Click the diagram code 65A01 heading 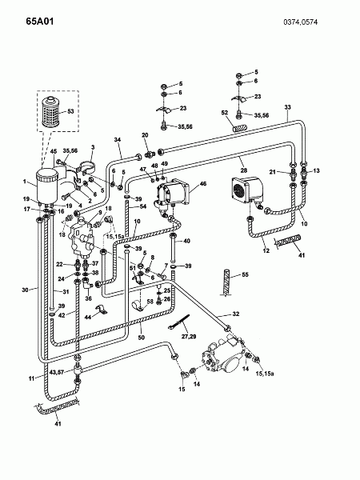pyautogui.click(x=40, y=22)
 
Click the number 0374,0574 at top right pyautogui.click(x=300, y=22)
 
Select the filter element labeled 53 pyautogui.click(x=50, y=112)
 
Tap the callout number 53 pyautogui.click(x=70, y=111)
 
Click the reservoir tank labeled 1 pyautogui.click(x=47, y=186)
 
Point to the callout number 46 pyautogui.click(x=202, y=184)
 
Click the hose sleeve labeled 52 pyautogui.click(x=240, y=126)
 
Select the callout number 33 pyautogui.click(x=287, y=107)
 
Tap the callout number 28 pyautogui.click(x=244, y=170)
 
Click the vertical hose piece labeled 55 pyautogui.click(x=226, y=283)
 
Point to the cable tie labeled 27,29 pyautogui.click(x=178, y=322)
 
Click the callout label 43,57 pyautogui.click(x=56, y=372)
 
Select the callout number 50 pyautogui.click(x=141, y=338)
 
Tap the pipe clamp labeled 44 pyautogui.click(x=101, y=310)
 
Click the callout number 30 pyautogui.click(x=25, y=290)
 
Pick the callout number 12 pyautogui.click(x=266, y=250)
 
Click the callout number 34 pyautogui.click(x=118, y=139)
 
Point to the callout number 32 pyautogui.click(x=236, y=314)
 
